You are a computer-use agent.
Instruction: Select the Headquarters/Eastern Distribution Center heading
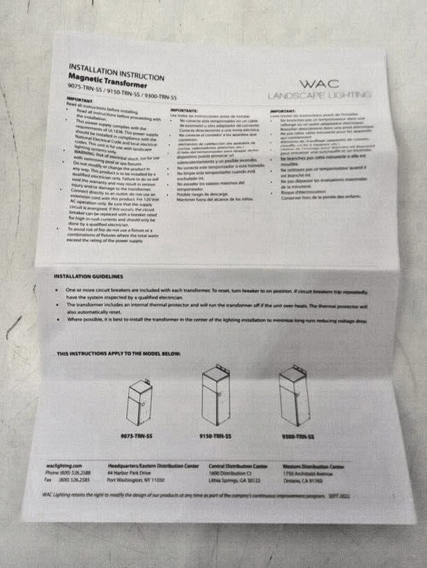click(x=153, y=465)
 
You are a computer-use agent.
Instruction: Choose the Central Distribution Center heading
click(x=238, y=466)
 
